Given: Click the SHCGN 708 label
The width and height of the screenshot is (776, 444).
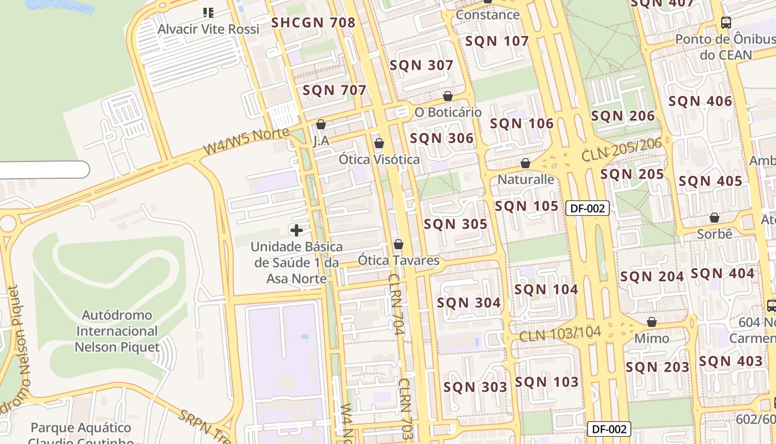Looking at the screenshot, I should [313, 23].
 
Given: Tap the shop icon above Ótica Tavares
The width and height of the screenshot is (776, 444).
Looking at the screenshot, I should [398, 244].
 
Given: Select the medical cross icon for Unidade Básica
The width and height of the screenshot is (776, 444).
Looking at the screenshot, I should [296, 230].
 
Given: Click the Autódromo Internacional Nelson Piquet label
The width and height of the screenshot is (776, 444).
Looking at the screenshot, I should [117, 331].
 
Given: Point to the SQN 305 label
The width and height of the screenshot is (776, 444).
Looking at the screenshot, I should [455, 224].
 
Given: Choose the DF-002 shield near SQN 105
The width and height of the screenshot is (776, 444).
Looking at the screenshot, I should [588, 209].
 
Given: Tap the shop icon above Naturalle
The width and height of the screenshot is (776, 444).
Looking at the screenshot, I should [525, 164].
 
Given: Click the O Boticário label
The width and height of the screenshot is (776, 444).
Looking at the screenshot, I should [448, 112].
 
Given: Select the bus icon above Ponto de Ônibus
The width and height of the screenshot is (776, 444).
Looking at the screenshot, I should [726, 23].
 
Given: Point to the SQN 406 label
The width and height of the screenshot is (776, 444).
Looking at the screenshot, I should [700, 102].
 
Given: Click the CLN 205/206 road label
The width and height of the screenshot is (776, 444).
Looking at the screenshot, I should [621, 150].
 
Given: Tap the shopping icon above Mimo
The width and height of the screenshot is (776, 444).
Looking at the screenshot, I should [652, 322].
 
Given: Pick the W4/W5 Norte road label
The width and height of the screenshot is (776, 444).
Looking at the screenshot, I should [246, 141].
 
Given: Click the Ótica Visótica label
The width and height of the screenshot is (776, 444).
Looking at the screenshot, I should [379, 160].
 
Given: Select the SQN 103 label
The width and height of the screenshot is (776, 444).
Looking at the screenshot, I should [547, 382].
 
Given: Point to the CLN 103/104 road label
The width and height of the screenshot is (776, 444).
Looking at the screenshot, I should [560, 334].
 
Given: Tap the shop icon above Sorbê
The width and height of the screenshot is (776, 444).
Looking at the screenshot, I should [714, 218].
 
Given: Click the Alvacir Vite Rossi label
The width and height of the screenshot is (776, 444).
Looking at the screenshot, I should [208, 29].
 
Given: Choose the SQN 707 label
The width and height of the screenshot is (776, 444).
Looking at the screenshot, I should [334, 90].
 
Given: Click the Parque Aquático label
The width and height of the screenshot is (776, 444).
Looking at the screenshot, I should [81, 428].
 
